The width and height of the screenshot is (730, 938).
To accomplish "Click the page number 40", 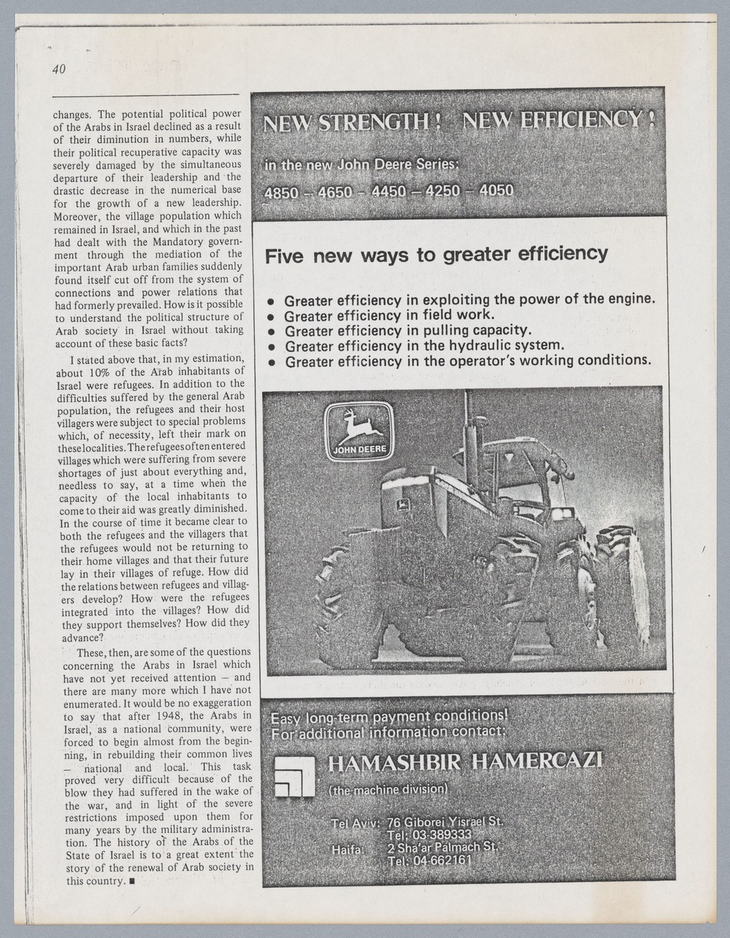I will click(59, 69).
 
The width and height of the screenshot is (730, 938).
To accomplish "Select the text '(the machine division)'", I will click(388, 791).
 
